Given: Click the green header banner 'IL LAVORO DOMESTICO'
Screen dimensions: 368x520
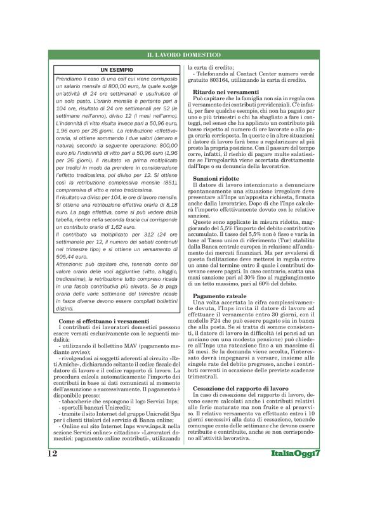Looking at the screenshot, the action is [184, 56].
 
